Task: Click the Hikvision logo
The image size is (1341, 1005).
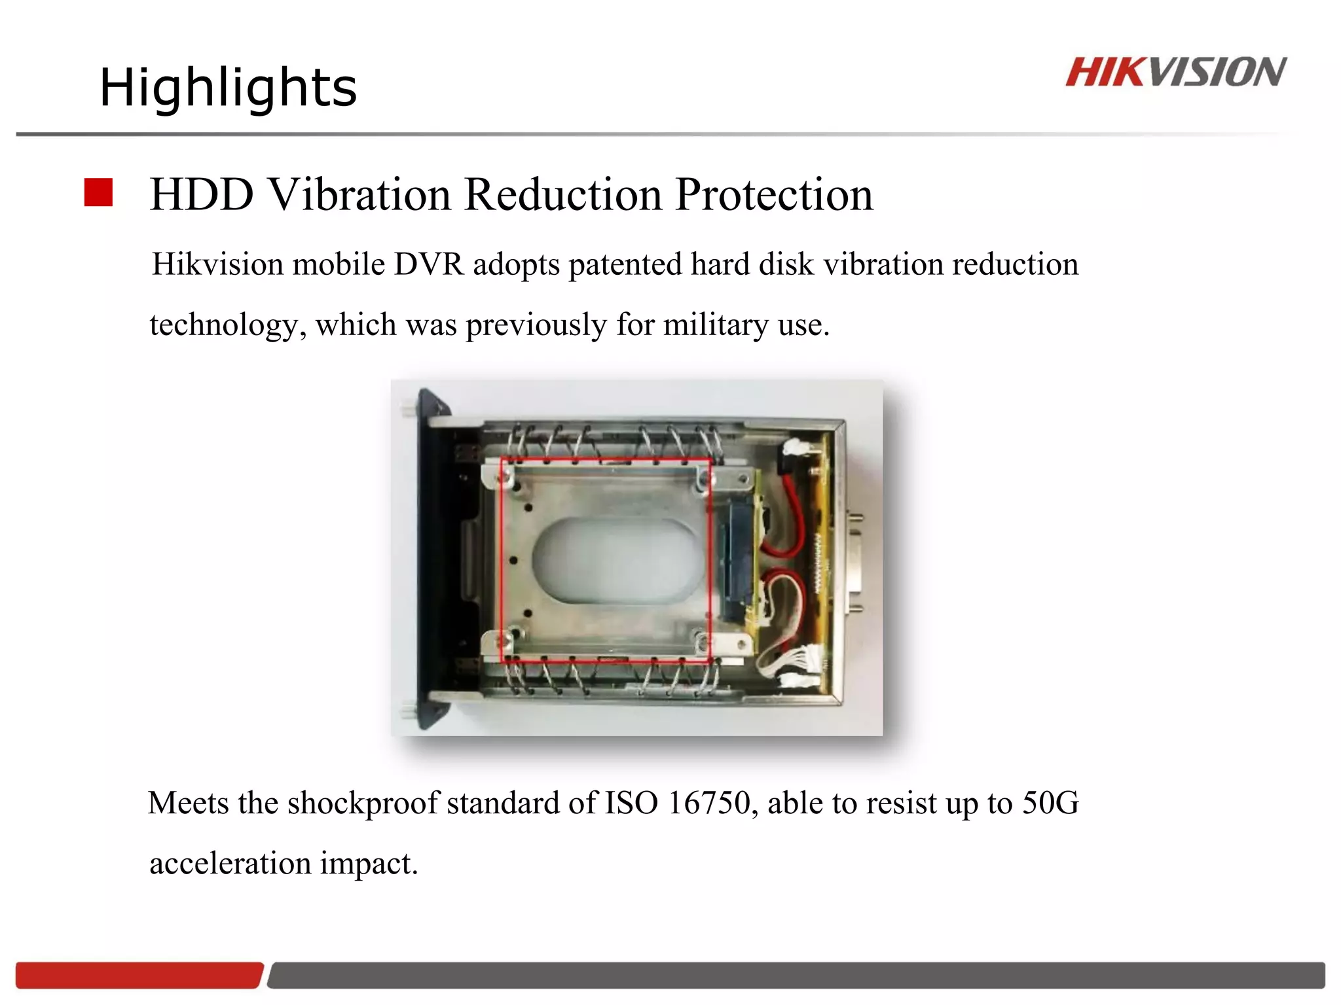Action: click(1175, 72)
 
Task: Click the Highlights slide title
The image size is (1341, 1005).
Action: click(228, 88)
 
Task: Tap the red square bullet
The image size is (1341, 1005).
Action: click(99, 192)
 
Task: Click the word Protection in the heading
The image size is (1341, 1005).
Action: click(774, 194)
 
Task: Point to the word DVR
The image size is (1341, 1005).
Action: click(428, 264)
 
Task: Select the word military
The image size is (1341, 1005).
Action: click(715, 325)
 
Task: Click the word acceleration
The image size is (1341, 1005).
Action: click(230, 863)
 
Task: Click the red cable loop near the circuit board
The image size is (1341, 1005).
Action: click(792, 517)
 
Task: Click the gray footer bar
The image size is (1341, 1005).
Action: click(796, 975)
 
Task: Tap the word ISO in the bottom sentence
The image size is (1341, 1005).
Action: click(631, 803)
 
